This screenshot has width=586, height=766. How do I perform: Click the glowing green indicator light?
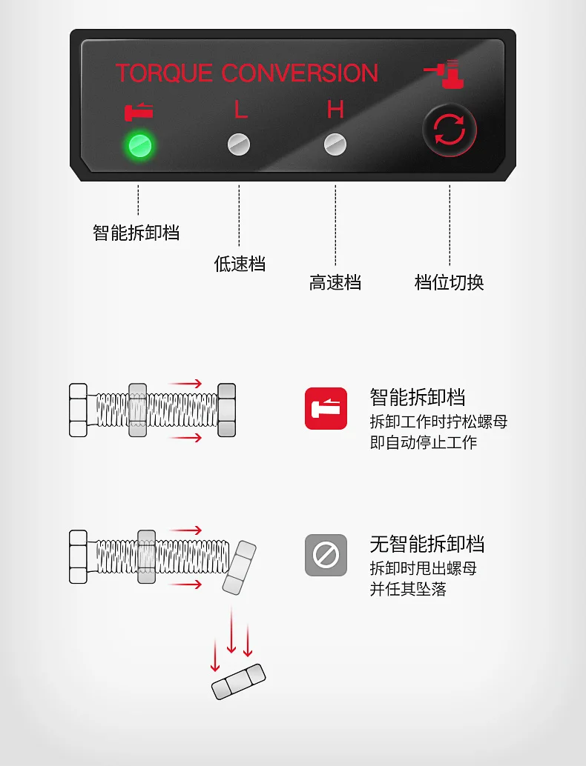pos(140,145)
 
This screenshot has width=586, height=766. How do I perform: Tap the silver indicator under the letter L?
pos(239,144)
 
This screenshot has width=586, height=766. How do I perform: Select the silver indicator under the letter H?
pos(335,144)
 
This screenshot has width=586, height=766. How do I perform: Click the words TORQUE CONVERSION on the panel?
pos(246,73)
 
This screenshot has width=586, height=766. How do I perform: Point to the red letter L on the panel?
pos(240,110)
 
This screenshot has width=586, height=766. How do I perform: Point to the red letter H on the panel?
pos(335,110)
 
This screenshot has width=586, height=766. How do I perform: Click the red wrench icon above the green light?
pos(139,112)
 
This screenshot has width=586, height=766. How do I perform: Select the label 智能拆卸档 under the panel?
pos(136,233)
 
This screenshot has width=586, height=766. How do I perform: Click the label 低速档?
pos(240,264)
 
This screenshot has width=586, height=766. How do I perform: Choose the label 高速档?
pos(335,282)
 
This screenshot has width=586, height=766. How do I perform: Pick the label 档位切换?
pos(449,282)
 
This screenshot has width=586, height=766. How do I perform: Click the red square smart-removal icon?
pos(326,408)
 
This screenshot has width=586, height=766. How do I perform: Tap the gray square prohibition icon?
pos(326,555)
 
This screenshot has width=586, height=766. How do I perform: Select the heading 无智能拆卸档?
pos(427,544)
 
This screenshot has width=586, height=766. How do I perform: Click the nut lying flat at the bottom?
pos(239,682)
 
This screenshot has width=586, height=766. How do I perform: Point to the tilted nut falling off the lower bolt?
pos(239,567)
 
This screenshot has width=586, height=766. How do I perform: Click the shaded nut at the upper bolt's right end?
pos(226,410)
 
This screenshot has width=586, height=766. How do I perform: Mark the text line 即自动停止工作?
pos(423,442)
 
